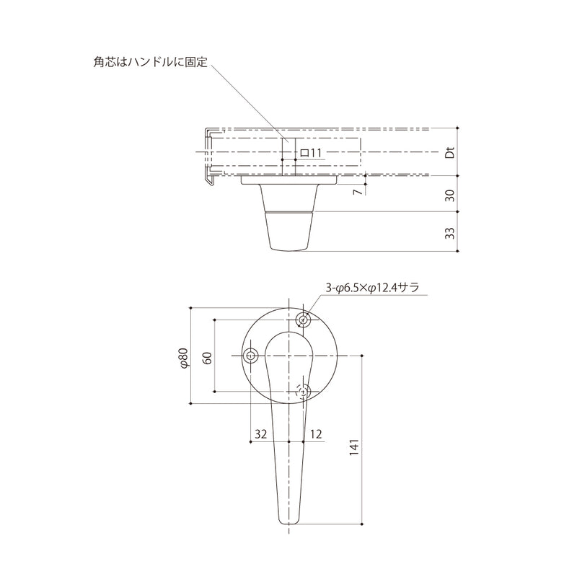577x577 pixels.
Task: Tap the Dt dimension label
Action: [x=449, y=152]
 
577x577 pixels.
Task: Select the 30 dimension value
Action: [x=449, y=194]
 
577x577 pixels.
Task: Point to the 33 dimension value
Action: [x=449, y=232]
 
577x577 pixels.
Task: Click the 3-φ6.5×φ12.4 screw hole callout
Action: [x=371, y=288]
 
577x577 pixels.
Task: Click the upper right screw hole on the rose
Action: [x=304, y=320]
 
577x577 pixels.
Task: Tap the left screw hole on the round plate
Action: [x=251, y=356]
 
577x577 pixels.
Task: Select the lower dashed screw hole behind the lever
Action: [x=304, y=392]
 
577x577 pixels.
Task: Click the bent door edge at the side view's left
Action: [x=207, y=155]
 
